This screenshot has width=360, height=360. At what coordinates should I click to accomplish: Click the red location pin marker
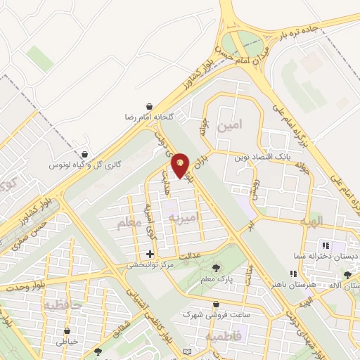(x=180, y=165)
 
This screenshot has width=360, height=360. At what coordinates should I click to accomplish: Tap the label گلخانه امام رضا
(x=149, y=115)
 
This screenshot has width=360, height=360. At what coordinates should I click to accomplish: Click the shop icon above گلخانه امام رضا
(x=149, y=105)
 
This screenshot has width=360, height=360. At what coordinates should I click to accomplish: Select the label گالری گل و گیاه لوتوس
(x=85, y=164)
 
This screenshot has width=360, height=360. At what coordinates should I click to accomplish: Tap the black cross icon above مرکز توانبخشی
(x=150, y=254)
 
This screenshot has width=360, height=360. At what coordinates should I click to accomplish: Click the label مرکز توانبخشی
(x=150, y=266)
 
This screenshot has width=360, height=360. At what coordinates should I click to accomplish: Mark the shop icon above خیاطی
(x=67, y=330)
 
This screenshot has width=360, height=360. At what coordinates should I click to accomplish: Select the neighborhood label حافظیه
(x=63, y=306)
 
